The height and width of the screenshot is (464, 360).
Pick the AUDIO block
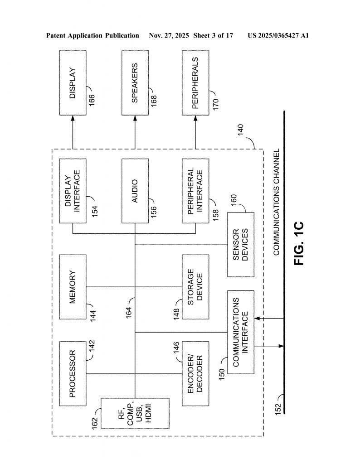point(135,191)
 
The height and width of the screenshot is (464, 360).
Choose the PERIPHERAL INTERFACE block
point(196,191)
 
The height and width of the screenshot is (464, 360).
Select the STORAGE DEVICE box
point(196,287)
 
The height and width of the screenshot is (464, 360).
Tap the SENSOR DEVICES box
point(240,245)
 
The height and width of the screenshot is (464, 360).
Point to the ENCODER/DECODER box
point(196,374)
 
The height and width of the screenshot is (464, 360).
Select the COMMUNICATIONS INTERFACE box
point(240,332)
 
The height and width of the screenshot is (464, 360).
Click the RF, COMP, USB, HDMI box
point(135,413)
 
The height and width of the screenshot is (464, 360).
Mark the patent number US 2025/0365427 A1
point(278,35)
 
